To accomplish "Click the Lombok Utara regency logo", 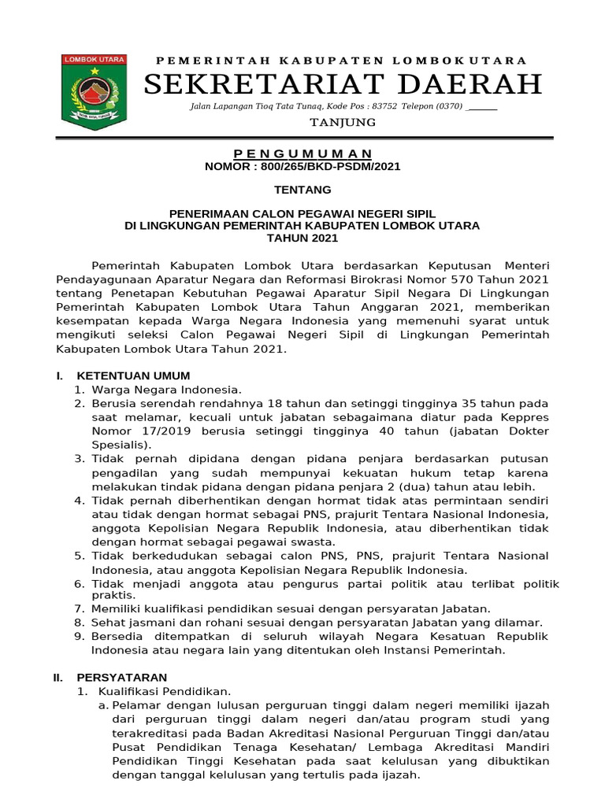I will pos(94,92).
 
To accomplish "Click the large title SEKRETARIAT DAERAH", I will pos(343,83).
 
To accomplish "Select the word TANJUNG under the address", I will pos(343,123).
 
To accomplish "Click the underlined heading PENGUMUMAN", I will pos(302,153).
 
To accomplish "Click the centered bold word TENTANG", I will pos(302,190).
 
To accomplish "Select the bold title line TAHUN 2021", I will pos(302,238).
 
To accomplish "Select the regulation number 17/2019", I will pos(157,431).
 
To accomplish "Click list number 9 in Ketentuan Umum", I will pos(78,636).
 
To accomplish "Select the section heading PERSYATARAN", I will pos(121,677).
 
